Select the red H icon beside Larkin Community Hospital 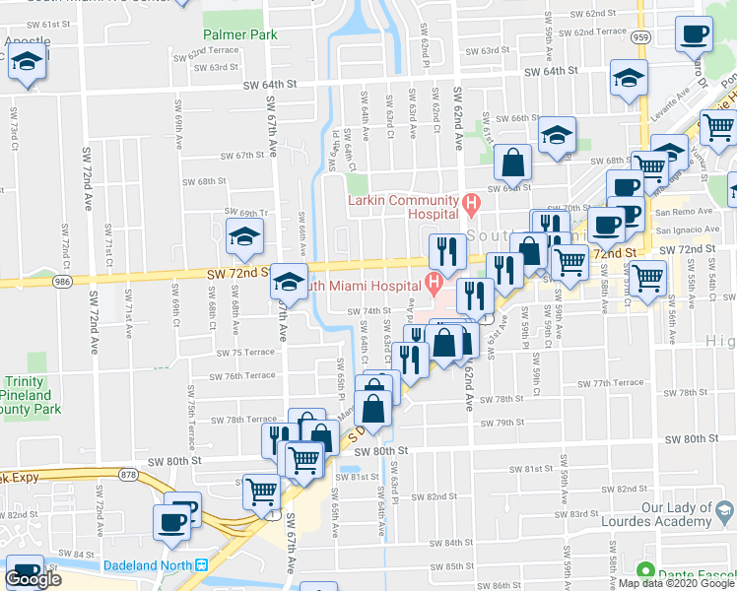click(471, 206)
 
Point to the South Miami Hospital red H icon click(434, 285)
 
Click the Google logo click(33, 580)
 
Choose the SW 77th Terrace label click(611, 382)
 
